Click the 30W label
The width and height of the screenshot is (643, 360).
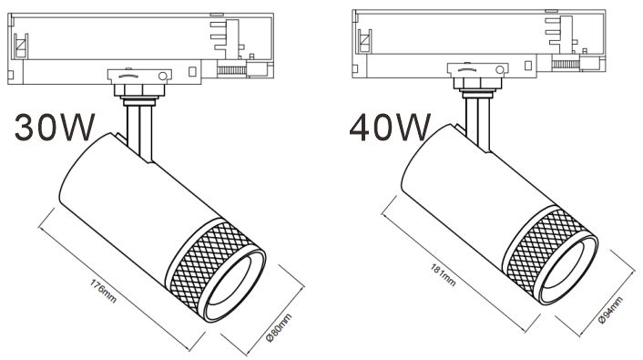55,128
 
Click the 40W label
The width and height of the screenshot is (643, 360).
390,128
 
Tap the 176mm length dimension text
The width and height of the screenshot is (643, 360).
103,292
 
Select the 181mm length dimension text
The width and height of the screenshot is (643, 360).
444,274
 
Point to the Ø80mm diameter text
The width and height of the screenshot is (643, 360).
279,327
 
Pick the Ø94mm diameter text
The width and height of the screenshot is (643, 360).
610,310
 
